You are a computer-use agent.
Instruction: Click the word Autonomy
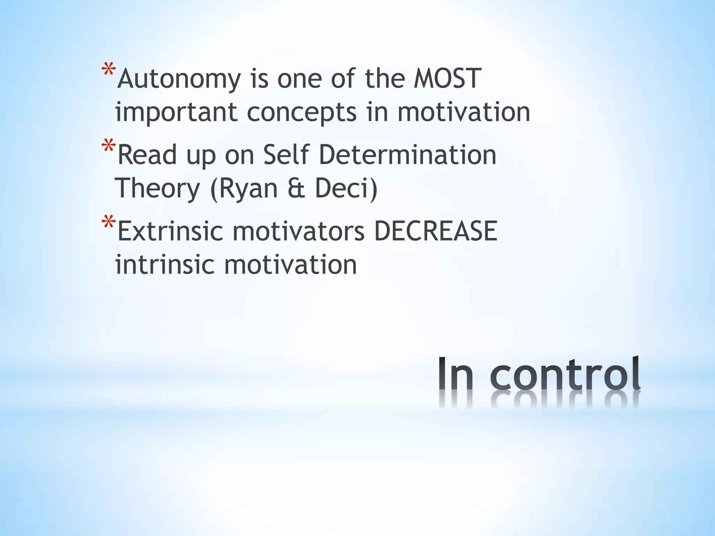[179, 80]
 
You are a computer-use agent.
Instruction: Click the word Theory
[157, 189]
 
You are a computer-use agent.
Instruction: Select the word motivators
[298, 231]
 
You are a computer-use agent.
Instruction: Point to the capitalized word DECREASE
[435, 231]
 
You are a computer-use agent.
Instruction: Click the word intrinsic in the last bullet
[164, 265]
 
